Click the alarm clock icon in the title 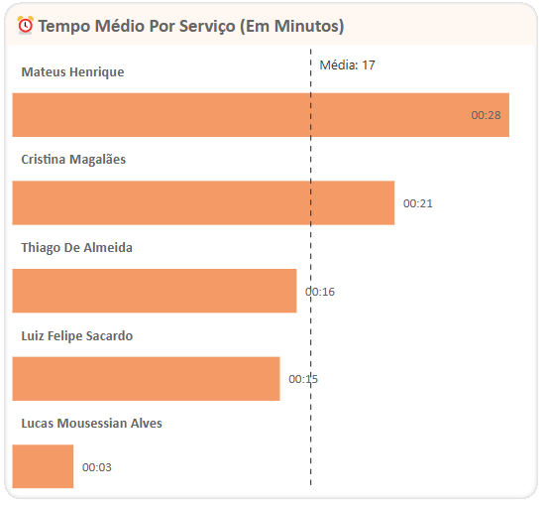26,25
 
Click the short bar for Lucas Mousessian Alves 43,466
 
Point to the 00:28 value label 486,116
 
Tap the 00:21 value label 418,203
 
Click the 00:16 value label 320,292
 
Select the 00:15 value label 303,379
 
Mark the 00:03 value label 97,467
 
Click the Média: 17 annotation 347,65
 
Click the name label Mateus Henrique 72,72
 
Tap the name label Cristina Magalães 73,160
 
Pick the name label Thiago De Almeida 76,248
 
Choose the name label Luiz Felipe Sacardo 76,335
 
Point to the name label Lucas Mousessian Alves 91,424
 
